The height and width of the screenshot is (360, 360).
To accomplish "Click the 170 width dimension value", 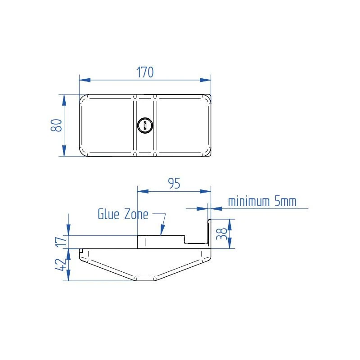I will tap(145, 72).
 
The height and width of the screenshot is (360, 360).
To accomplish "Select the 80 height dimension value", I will tap(56, 126).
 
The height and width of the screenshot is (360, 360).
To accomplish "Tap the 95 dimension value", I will tap(174, 184).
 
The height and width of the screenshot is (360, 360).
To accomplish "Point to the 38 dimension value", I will tap(221, 234).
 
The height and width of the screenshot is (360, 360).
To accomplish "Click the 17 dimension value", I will tap(61, 242).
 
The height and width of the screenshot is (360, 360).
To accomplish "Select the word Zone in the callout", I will tap(135, 214).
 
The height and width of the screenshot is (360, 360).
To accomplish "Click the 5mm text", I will tap(286, 201).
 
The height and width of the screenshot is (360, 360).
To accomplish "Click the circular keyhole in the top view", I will tap(144, 125).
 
